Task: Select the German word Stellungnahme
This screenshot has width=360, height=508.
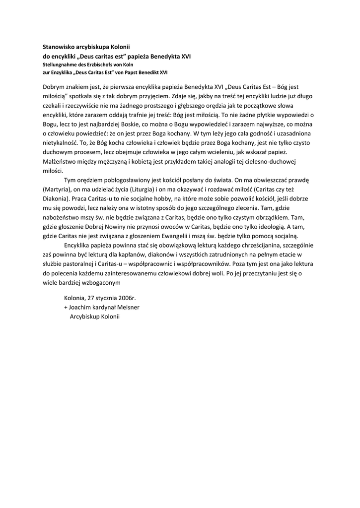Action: point(60,64)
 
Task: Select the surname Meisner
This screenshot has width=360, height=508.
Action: point(128,307)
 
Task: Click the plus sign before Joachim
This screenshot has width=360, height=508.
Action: point(66,307)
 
